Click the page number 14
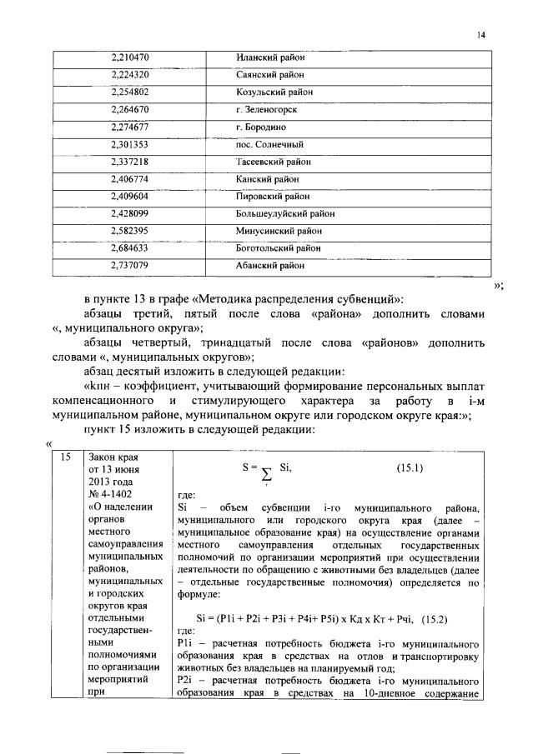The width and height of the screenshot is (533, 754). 480,35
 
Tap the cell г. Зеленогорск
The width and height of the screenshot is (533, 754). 266,109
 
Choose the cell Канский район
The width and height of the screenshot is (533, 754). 267,179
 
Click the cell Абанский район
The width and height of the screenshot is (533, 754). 269,266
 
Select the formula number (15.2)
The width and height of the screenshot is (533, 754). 441,619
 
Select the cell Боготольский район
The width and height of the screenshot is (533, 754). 278,248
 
